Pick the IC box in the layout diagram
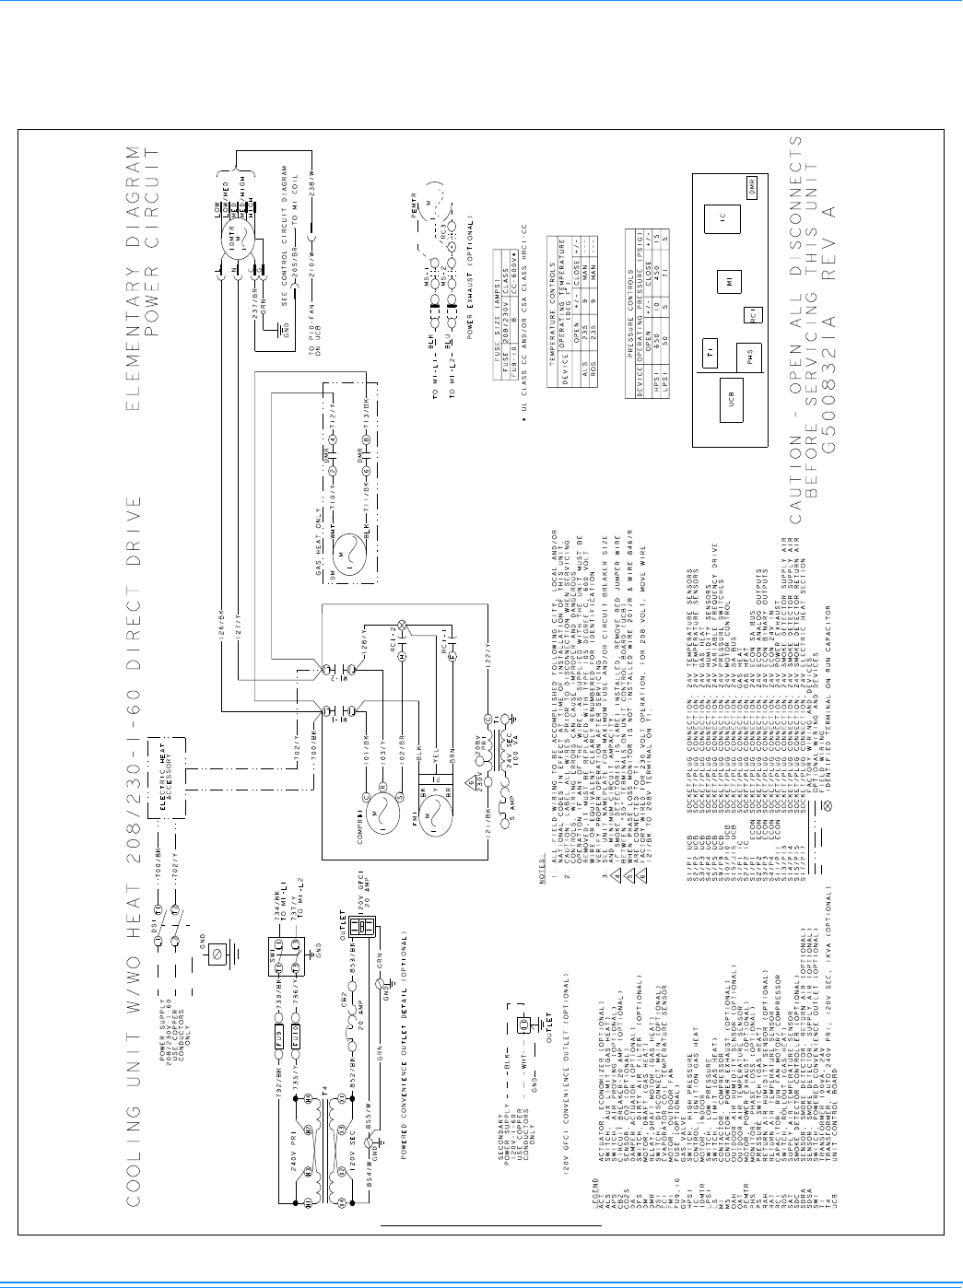point(723,219)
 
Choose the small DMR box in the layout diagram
point(753,183)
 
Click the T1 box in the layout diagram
point(711,354)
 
